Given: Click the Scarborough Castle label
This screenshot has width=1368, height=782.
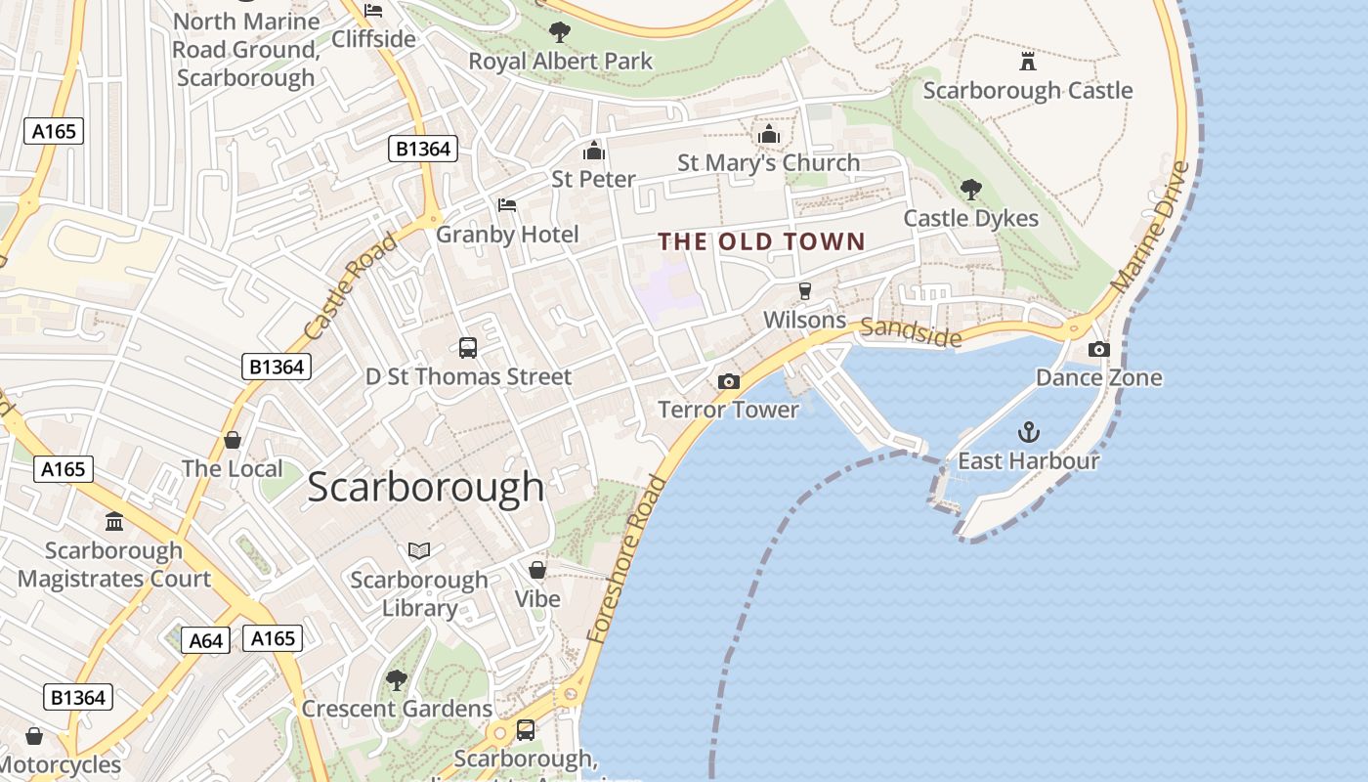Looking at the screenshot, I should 1027,91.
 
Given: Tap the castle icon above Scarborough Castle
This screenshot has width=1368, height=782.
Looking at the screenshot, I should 1027,62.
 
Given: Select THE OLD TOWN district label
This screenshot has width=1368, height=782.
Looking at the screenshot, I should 761,241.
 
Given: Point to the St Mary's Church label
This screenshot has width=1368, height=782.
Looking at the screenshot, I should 769,162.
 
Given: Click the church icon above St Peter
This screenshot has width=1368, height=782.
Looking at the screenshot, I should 593,151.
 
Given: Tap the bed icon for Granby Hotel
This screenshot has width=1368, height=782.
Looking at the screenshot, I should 507,205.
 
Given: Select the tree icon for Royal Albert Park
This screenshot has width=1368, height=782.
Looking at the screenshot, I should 560,32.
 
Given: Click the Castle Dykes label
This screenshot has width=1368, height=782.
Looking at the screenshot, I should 970,218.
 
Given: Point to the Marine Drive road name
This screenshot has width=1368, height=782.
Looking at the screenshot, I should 1152,226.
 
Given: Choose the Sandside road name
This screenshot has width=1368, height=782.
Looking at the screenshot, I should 911,332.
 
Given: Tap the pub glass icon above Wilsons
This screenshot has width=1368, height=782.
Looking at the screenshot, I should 805,290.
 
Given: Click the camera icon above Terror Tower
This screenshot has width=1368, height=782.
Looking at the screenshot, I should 728,381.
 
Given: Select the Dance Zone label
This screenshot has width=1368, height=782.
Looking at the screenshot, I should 1098,377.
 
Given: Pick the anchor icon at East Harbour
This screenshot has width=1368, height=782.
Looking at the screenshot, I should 1028,431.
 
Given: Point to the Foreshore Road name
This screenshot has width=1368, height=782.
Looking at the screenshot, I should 626,559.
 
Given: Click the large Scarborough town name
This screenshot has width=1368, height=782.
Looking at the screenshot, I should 425,487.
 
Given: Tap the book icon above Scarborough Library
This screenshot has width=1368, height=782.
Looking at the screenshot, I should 419,551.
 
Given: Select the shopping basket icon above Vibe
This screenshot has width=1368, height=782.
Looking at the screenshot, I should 537,569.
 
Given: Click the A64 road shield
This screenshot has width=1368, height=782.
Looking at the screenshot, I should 206,640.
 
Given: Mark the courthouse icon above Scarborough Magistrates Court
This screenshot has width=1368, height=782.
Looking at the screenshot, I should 114,521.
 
